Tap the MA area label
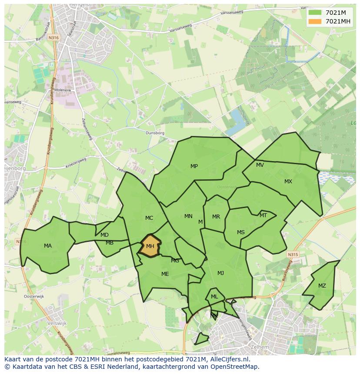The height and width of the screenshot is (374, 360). (x=48, y=246)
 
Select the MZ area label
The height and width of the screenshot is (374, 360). (x=322, y=286)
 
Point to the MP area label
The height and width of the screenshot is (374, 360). (x=194, y=166)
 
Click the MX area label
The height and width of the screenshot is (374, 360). (x=288, y=182)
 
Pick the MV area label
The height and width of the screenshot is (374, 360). (x=260, y=165)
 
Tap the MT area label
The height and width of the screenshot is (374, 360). (x=263, y=215)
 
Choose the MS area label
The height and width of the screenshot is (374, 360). (x=241, y=232)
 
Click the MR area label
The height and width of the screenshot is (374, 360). (x=216, y=217)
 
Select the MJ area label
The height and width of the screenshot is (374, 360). (x=221, y=273)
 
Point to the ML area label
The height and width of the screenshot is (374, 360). (x=214, y=297)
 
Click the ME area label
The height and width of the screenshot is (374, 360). (x=165, y=274)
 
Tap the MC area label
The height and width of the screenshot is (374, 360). (x=149, y=218)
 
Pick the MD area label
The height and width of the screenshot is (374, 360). (x=105, y=235)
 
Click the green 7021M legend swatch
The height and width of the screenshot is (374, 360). (x=315, y=13)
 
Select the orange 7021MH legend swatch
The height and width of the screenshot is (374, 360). (x=315, y=21)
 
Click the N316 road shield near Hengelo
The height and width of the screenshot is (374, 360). (x=53, y=37)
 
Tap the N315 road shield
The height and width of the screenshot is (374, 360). (x=293, y=255)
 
